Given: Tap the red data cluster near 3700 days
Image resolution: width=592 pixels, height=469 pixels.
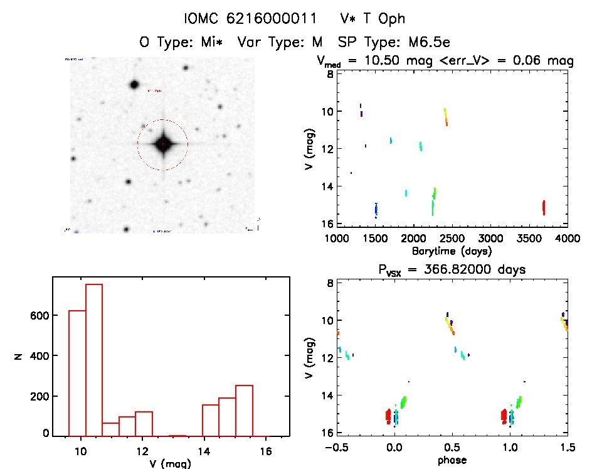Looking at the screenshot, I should pyautogui.click(x=544, y=207).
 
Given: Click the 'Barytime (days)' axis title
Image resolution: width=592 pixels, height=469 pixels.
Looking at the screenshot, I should pyautogui.click(x=452, y=251).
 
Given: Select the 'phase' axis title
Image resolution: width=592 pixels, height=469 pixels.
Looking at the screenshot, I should pyautogui.click(x=452, y=460).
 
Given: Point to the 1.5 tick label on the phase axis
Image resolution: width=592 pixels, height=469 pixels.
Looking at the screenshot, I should pyautogui.click(x=567, y=447).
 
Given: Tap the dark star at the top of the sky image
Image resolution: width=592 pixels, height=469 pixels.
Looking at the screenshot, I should pyautogui.click(x=133, y=84).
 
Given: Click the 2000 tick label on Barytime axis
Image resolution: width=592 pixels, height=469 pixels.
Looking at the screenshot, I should pyautogui.click(x=413, y=239).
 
